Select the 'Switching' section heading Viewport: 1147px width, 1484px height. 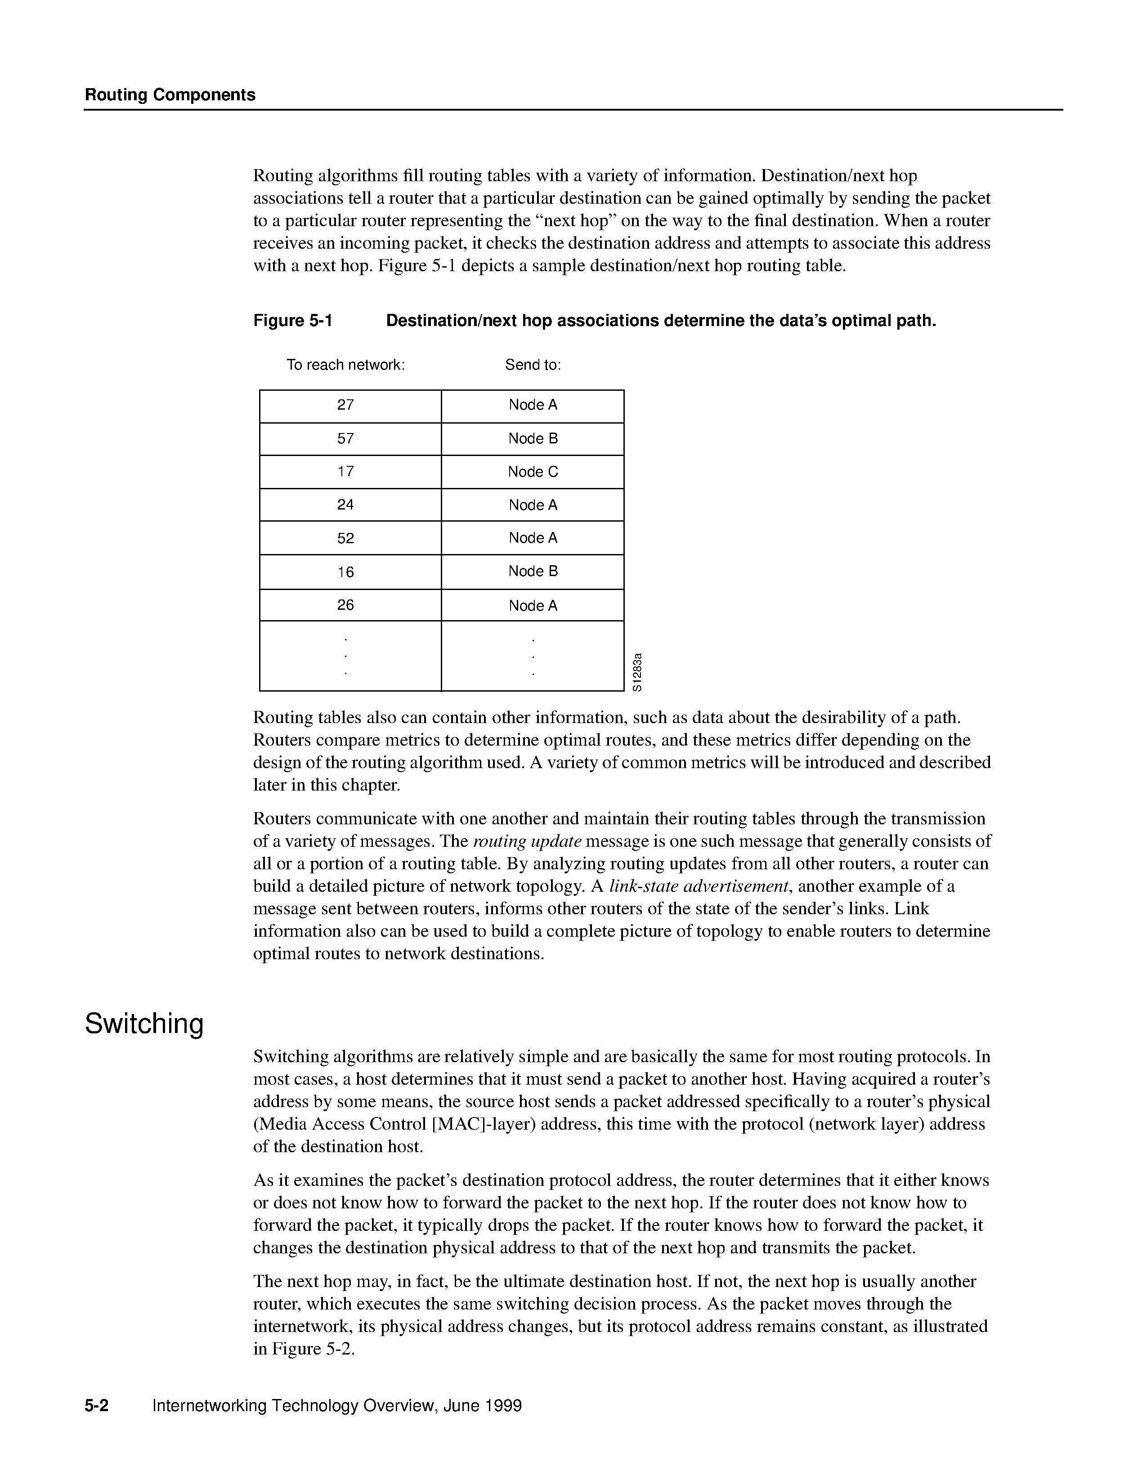click(x=144, y=1024)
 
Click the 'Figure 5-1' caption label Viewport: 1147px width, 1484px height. click(x=293, y=321)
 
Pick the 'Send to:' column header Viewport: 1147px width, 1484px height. click(x=533, y=365)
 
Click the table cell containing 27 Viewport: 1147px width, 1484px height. click(x=346, y=405)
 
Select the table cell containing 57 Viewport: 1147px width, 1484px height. click(x=346, y=439)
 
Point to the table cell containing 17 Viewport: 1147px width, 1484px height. click(x=346, y=472)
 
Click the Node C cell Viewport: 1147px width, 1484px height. click(x=533, y=472)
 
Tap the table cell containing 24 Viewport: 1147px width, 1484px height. click(x=346, y=505)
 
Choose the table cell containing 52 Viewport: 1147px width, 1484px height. click(x=346, y=538)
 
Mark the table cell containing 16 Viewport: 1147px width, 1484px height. click(x=346, y=572)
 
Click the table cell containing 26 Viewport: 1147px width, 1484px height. click(x=346, y=605)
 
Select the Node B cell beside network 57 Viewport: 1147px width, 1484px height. click(x=533, y=439)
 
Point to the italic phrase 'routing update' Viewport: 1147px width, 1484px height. click(x=527, y=841)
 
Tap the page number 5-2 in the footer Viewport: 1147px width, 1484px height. click(x=97, y=1406)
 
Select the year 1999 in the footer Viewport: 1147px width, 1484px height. click(x=503, y=1406)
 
